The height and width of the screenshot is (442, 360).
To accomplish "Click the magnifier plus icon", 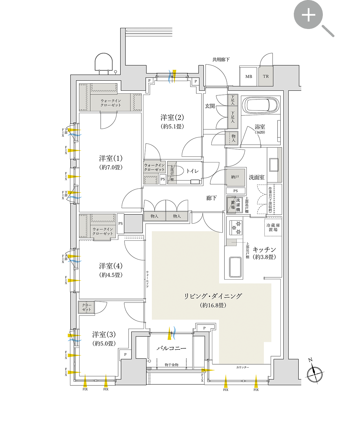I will (x=308, y=15).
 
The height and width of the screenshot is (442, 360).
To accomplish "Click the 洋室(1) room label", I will (x=111, y=159).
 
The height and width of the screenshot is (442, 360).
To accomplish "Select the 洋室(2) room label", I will (x=172, y=118).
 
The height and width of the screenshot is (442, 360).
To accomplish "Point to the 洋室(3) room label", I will (x=104, y=335).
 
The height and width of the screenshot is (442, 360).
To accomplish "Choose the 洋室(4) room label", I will (x=111, y=266).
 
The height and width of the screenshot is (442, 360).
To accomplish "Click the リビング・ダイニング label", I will (x=213, y=296).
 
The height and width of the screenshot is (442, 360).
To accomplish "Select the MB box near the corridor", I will (x=249, y=77).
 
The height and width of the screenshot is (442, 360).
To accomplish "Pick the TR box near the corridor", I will (x=266, y=77).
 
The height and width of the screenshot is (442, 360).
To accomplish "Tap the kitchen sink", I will (x=235, y=267).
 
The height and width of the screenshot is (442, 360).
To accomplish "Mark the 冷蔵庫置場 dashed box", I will (x=273, y=227).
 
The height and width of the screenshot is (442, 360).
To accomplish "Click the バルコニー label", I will (x=171, y=348).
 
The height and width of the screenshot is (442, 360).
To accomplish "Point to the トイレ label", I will (x=192, y=171).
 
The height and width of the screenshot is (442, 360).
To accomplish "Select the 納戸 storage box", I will (x=235, y=177).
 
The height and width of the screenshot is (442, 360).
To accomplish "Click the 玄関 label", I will (x=210, y=106).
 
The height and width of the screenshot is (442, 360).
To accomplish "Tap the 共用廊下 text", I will (x=221, y=59).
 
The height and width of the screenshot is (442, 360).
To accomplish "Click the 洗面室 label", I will (x=257, y=177).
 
